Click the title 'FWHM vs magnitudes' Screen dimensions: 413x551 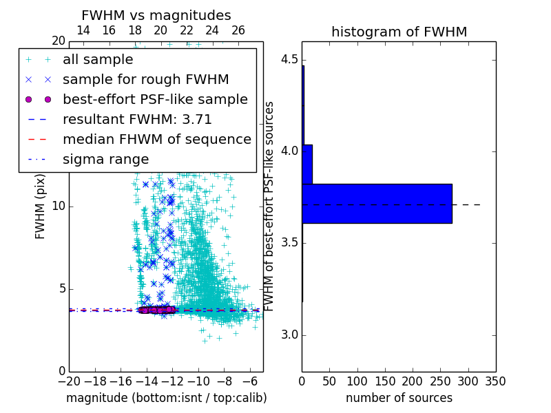coord(156,16)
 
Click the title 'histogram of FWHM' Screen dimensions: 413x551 coord(399,32)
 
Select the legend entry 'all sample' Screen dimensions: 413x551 coord(98,60)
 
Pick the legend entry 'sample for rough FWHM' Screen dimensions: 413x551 coord(145,80)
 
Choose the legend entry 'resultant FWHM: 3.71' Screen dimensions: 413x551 coord(137,120)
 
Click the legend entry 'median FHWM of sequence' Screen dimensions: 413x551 coord(156,140)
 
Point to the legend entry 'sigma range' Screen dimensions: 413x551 coord(105,160)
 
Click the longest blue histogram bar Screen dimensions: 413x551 coord(377,204)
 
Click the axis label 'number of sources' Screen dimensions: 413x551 coord(399,398)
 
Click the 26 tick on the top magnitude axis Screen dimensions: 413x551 coord(238,30)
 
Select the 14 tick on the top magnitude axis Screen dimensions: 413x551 coord(83,30)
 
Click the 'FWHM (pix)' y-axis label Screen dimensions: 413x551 coord(41,206)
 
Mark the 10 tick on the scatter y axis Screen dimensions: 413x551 coord(58,206)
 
